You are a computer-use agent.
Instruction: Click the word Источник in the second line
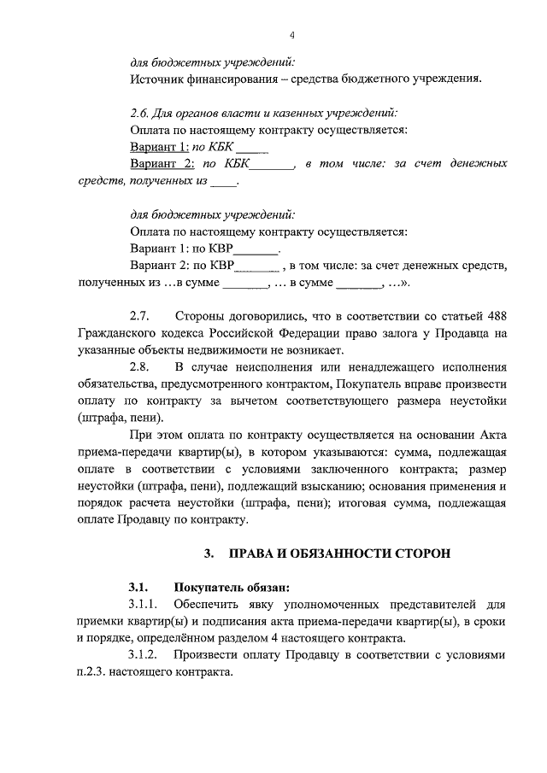pos(158,80)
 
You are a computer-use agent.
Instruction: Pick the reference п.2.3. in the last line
pos(97,672)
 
